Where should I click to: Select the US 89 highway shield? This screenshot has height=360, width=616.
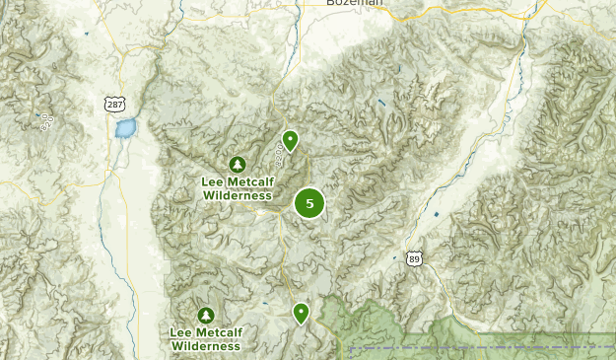415,258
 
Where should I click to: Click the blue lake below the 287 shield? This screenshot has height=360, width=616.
125,128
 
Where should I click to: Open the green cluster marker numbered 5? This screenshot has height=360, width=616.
309,203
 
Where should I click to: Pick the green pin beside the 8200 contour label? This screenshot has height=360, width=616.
290,140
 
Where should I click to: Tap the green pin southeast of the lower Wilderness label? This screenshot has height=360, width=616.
301,314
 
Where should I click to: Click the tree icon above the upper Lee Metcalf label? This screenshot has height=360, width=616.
237,164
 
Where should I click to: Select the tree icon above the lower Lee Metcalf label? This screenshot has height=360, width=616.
205,316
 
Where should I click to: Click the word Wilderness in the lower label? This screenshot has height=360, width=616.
205,346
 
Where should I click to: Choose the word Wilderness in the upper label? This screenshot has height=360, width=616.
237,195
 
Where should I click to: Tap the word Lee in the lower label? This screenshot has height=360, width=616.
180,333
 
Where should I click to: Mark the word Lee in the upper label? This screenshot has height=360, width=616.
212,182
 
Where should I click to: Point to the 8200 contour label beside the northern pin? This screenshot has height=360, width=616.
281,153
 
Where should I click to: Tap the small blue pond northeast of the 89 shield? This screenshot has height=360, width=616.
436,214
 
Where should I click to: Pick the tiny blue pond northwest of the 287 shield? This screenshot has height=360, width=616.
86,35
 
